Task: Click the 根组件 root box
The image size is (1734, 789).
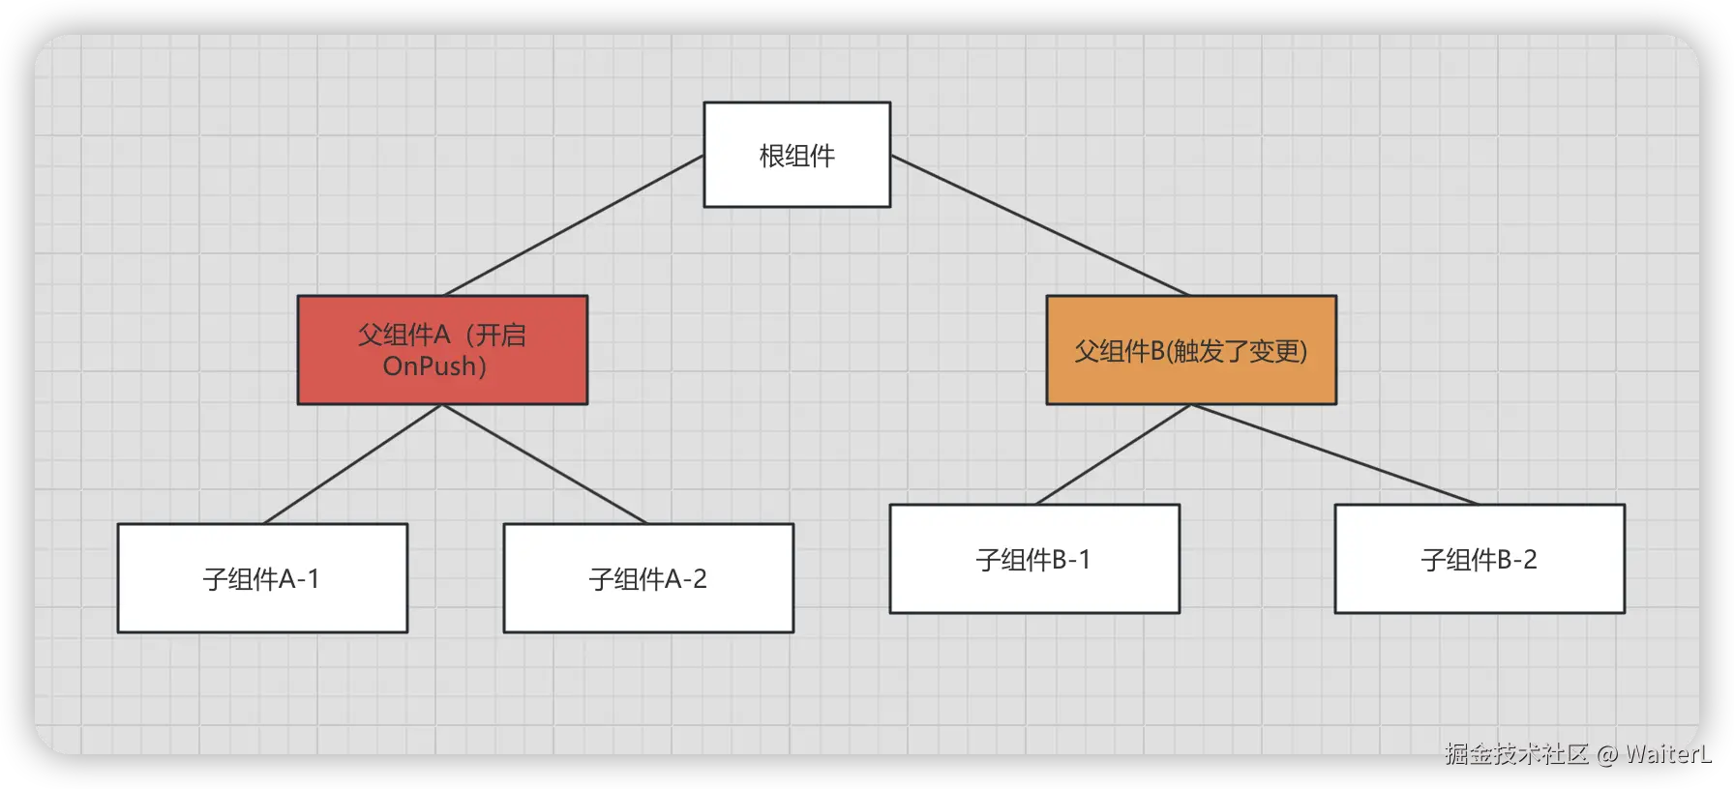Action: click(796, 155)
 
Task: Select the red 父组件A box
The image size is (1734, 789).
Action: click(442, 349)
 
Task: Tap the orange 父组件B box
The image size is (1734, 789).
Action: click(1191, 350)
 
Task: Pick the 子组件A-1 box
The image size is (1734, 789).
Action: click(262, 578)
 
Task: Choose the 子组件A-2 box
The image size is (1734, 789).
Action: click(648, 578)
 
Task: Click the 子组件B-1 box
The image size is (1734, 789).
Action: click(1034, 559)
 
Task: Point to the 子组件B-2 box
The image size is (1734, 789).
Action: click(1480, 559)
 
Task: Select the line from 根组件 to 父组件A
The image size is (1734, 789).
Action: click(573, 225)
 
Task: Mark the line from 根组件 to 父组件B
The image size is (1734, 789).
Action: click(1040, 225)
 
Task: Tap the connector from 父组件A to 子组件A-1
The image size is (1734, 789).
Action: click(352, 464)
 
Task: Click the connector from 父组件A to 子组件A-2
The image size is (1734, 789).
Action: click(544, 464)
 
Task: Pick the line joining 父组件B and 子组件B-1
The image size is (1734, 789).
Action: click(1113, 454)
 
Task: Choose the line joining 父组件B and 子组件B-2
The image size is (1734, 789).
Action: click(1335, 454)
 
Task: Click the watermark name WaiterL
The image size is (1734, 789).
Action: click(1667, 753)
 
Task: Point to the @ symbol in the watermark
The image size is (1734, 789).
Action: click(1605, 753)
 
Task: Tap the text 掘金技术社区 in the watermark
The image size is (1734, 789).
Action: click(1516, 753)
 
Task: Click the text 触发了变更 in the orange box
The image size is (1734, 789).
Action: click(1238, 351)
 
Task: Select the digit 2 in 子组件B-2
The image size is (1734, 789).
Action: click(1530, 560)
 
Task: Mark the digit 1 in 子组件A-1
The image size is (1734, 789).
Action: click(313, 579)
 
